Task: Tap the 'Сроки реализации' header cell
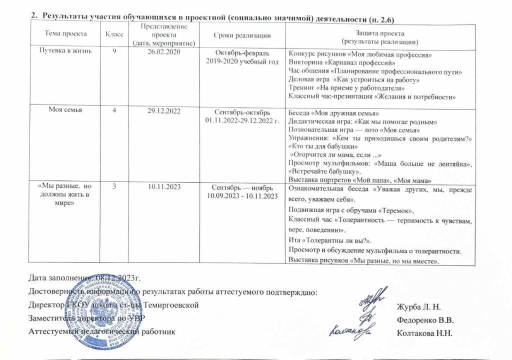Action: pos(242,34)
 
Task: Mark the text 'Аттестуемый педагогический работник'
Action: pos(102,331)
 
